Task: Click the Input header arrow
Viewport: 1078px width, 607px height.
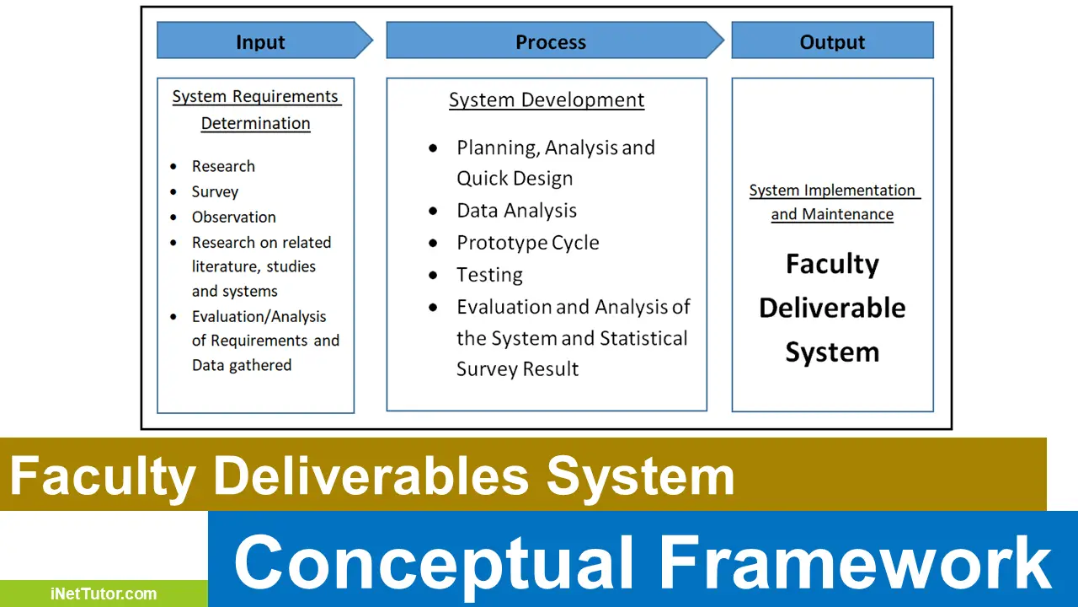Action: tap(260, 41)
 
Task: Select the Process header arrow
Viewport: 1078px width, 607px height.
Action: tap(551, 41)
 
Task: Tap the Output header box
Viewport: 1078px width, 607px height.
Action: tap(832, 41)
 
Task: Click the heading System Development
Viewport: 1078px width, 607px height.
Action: tap(547, 100)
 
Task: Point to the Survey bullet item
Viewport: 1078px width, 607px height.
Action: tap(215, 192)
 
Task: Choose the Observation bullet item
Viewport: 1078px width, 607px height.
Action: tap(233, 218)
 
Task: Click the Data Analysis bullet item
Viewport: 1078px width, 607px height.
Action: tap(516, 211)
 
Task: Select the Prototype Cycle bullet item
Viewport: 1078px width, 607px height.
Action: tap(528, 243)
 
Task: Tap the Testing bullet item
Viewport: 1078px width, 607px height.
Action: tap(489, 275)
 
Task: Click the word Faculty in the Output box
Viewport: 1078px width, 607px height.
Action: tap(832, 265)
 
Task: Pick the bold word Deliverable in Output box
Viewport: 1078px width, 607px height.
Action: tap(832, 309)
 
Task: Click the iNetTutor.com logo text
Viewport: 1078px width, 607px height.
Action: tap(103, 594)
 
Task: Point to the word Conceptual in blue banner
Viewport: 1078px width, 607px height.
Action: tap(433, 562)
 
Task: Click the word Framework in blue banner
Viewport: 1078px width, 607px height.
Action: tap(855, 562)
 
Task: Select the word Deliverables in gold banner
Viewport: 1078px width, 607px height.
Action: tap(371, 476)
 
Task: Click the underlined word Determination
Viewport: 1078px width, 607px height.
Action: tap(255, 124)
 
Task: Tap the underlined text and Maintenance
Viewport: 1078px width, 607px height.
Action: tap(832, 215)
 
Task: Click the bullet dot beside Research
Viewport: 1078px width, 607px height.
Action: tap(173, 167)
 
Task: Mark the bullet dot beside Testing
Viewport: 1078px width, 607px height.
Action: tap(434, 276)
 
